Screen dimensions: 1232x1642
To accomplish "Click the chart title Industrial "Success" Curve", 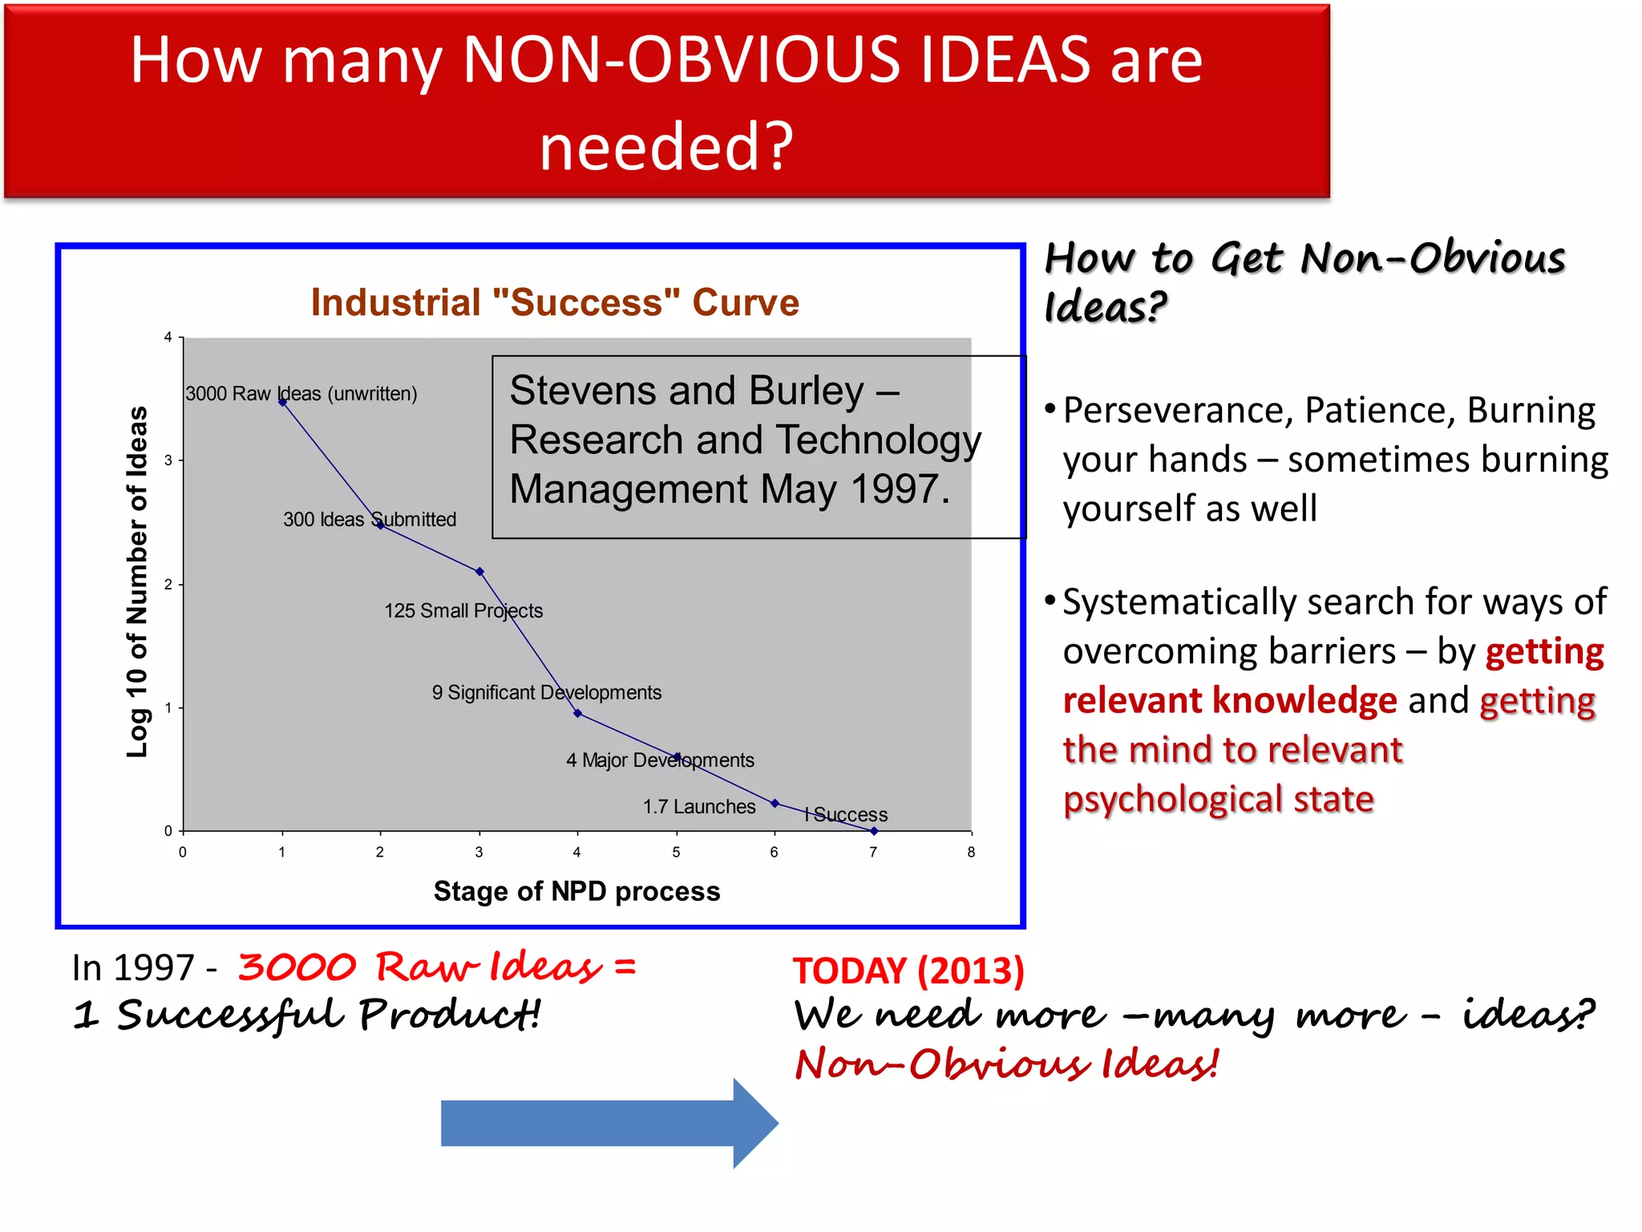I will pos(555,303).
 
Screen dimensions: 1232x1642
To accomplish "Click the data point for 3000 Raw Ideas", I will pos(282,402).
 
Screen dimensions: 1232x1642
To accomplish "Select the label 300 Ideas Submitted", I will pos(369,520).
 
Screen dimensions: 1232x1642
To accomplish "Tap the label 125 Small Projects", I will pos(463,611).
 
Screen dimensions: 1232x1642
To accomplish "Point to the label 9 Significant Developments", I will pos(546,693).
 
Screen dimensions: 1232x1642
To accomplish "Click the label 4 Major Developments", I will pos(659,760).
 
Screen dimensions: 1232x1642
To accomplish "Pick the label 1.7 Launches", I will pos(698,807).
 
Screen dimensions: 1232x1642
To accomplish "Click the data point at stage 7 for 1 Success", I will pos(873,831).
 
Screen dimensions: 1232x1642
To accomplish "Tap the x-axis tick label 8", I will pos(971,853).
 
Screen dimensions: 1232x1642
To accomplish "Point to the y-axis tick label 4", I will pos(168,338).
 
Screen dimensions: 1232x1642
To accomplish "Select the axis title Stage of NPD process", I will pos(576,892).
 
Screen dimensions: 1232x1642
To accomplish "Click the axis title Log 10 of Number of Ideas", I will pos(138,582).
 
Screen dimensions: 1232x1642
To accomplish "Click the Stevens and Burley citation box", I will pos(758,447).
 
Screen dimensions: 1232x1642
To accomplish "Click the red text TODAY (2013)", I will pos(908,971).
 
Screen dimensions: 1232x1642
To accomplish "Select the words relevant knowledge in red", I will pos(1230,701).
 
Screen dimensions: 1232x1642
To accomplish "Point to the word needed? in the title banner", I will pos(665,147).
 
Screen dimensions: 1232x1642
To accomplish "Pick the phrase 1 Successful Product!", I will pos(306,1015).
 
